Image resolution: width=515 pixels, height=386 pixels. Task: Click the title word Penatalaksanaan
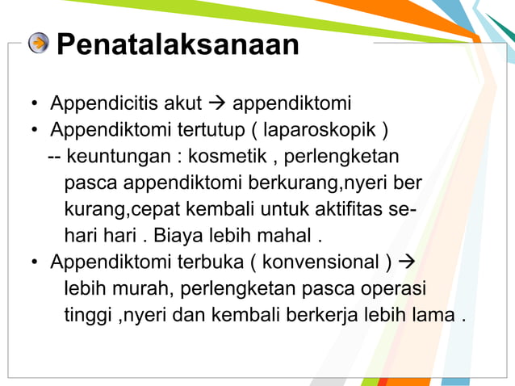tap(178, 44)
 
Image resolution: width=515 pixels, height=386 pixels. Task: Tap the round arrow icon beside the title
tap(39, 43)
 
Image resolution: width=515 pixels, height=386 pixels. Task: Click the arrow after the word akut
tap(218, 104)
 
